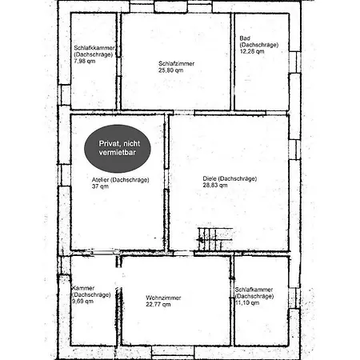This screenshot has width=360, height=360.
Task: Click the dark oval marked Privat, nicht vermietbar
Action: pyautogui.click(x=118, y=149)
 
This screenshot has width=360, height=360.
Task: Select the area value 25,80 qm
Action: pyautogui.click(x=171, y=70)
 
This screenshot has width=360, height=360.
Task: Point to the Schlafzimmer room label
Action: pyautogui.click(x=177, y=63)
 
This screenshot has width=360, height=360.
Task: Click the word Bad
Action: pyautogui.click(x=245, y=38)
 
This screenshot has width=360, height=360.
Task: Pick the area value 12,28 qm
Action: pyautogui.click(x=252, y=51)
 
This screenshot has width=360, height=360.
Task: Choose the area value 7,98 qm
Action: pyautogui.click(x=85, y=61)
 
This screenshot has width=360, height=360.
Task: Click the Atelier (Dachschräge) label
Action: pyautogui.click(x=121, y=180)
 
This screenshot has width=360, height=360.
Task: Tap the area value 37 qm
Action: pyautogui.click(x=100, y=186)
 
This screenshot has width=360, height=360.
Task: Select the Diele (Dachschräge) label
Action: pyautogui.click(x=230, y=178)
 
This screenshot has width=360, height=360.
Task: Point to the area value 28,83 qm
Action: pyautogui.click(x=215, y=185)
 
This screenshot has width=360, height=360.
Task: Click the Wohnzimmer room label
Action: pyautogui.click(x=163, y=298)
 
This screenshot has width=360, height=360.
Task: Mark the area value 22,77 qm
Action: pyautogui.click(x=158, y=304)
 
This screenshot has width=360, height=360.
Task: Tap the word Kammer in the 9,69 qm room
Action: pyautogui.click(x=83, y=288)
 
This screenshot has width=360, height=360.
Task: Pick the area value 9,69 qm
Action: pyautogui.click(x=82, y=302)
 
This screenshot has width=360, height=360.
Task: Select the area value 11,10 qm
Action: pyautogui.click(x=247, y=302)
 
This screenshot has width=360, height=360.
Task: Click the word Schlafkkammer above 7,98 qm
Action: pyautogui.click(x=94, y=48)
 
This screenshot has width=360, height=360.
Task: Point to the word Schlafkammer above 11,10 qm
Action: pyautogui.click(x=254, y=290)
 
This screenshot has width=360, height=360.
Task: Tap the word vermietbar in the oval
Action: pyautogui.click(x=118, y=153)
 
